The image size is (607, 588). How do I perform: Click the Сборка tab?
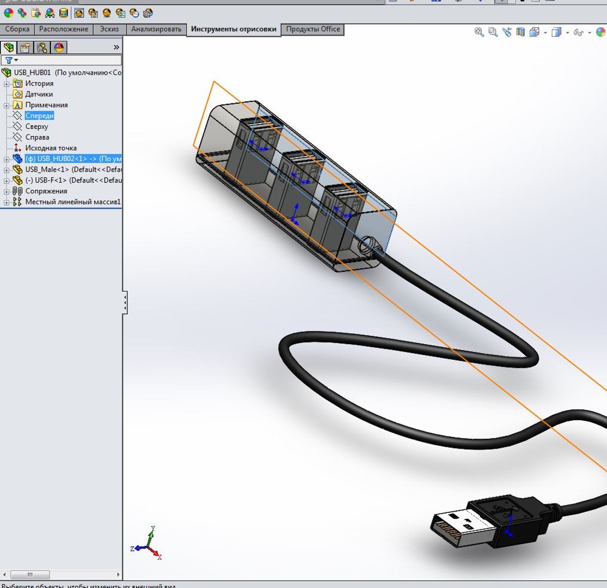pos(17,29)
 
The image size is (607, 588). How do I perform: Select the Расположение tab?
pos(63,29)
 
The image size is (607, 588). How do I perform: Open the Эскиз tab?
pos(109,29)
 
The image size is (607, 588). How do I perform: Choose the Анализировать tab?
pos(156,29)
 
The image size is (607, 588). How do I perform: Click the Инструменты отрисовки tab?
pos(234,29)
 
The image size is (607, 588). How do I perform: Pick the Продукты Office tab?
pos(313,29)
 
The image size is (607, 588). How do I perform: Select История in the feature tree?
pos(39,84)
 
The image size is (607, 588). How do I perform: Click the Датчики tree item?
pos(39,94)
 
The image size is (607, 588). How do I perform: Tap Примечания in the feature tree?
pos(46,105)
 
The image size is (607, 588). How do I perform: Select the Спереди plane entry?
pos(39,116)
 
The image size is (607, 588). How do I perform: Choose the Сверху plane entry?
pos(36,127)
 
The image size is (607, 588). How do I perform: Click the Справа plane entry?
pos(37,137)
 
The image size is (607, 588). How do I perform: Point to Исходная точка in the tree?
pos(51,148)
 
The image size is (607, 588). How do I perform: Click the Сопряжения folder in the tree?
pos(46,191)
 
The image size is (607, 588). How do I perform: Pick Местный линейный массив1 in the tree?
pos(72,202)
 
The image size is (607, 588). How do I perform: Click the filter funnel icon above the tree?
pos(9,60)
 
